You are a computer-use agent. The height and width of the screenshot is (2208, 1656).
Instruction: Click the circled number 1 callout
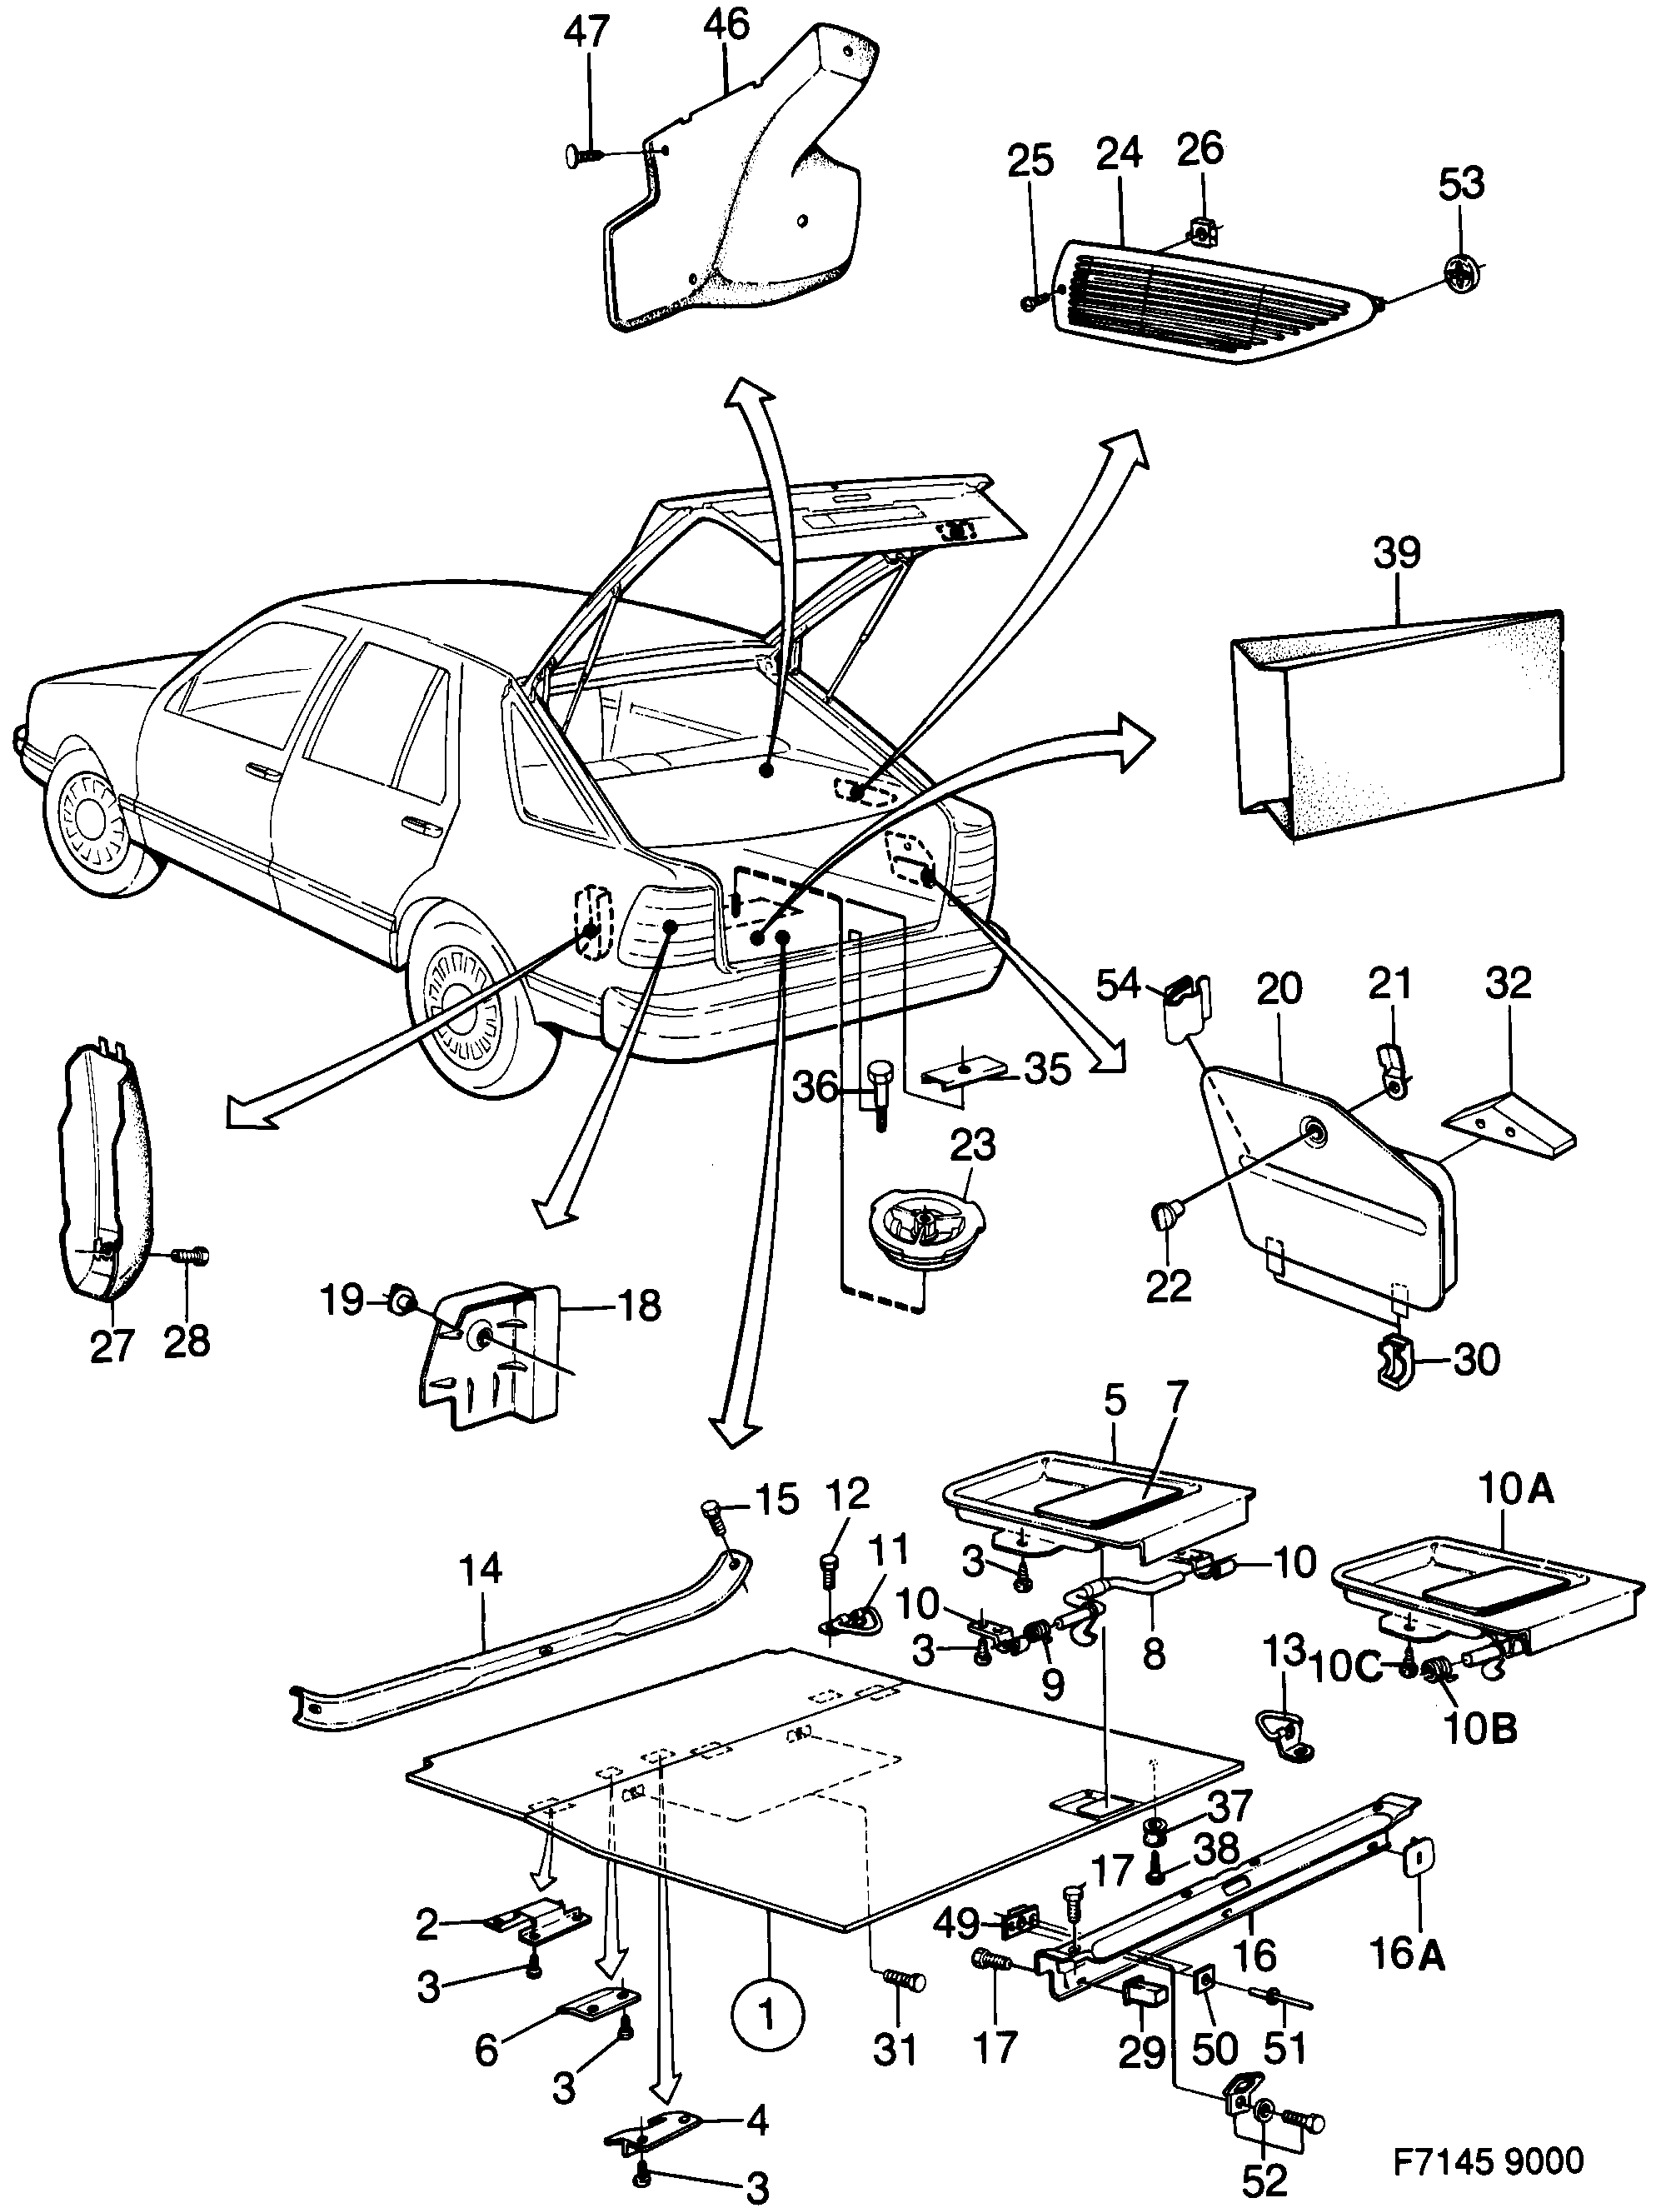(766, 2016)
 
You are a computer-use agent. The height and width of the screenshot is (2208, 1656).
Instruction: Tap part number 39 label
(1395, 553)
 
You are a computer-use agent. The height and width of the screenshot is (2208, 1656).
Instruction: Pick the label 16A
(1406, 1982)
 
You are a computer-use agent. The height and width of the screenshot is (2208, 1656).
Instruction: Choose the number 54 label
(1117, 985)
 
